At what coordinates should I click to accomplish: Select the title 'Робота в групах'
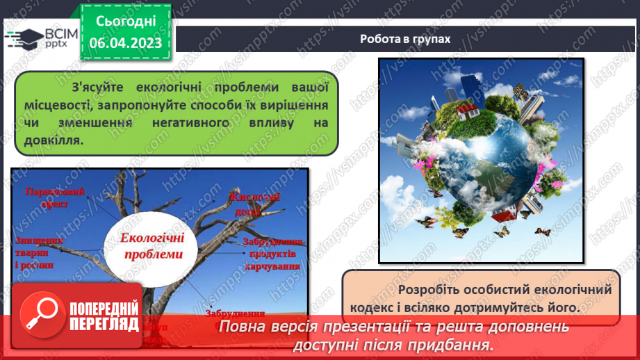pos(405,39)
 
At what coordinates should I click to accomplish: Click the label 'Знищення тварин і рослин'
pos(35,252)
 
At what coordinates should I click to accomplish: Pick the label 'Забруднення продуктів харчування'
pos(272,253)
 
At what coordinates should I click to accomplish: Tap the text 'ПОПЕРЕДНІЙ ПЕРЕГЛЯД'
pos(104,315)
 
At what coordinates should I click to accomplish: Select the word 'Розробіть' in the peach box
pos(426,288)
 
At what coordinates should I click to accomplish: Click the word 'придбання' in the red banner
pos(459,345)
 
